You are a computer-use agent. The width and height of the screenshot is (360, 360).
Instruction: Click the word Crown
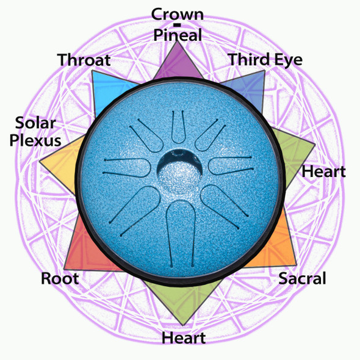pyautogui.click(x=178, y=14)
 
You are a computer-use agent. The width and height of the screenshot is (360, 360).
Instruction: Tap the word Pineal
pyautogui.click(x=178, y=35)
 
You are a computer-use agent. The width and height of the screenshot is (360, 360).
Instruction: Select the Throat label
pyautogui.click(x=84, y=60)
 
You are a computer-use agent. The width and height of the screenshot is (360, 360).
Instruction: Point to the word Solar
pyautogui.click(x=35, y=123)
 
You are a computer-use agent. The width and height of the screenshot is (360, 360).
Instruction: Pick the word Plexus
pyautogui.click(x=35, y=140)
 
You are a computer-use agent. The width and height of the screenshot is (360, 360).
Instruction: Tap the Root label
pyautogui.click(x=60, y=278)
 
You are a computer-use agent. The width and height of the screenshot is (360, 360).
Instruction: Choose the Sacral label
pyautogui.click(x=302, y=278)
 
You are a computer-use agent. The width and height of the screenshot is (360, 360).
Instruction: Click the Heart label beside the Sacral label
pyautogui.click(x=323, y=171)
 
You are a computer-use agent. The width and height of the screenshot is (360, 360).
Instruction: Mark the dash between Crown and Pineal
pyautogui.click(x=178, y=25)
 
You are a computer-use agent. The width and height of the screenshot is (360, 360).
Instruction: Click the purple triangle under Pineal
pyautogui.click(x=178, y=64)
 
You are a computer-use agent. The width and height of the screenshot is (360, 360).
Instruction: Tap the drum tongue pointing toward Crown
pyautogui.click(x=178, y=127)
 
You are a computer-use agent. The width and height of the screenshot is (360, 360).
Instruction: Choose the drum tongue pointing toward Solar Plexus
pyautogui.click(x=127, y=167)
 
